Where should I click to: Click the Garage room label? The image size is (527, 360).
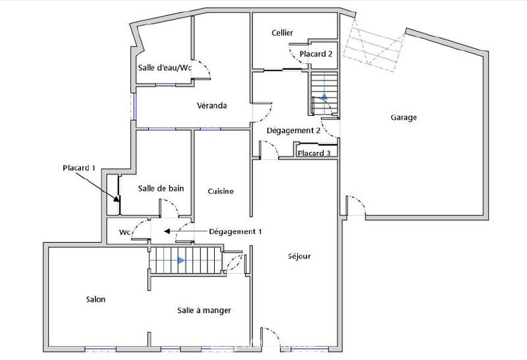(x=403, y=118)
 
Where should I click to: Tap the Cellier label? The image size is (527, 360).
(x=282, y=33)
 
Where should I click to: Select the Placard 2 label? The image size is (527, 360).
(x=316, y=54)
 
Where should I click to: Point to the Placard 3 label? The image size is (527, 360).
(x=314, y=154)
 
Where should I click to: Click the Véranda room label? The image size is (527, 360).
(x=211, y=105)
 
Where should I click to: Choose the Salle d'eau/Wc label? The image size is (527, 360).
(x=165, y=68)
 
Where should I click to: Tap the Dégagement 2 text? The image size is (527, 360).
(x=293, y=131)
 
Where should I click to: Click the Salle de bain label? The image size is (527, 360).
(x=161, y=189)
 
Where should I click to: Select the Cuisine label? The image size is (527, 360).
(x=221, y=191)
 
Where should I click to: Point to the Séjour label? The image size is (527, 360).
(x=299, y=256)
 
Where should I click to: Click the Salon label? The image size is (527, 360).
(x=96, y=299)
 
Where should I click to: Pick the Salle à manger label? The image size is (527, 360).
(x=204, y=310)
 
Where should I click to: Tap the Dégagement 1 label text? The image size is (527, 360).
(x=235, y=231)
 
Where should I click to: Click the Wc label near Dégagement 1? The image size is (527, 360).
(x=124, y=233)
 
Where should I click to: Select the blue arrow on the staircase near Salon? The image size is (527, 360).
(x=180, y=260)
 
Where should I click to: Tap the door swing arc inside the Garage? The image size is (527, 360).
(x=356, y=204)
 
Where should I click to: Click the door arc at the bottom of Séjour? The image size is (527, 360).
(x=271, y=336)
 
